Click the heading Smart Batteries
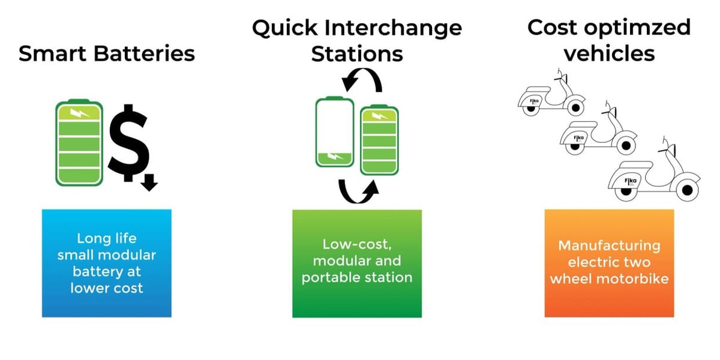[x=107, y=53]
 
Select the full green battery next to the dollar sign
[x=79, y=142]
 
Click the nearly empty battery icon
[x=335, y=131]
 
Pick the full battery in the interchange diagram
[x=379, y=139]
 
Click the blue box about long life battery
[x=107, y=263]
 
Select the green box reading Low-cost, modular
[x=357, y=263]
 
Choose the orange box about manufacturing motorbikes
[x=609, y=263]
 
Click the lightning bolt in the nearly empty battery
[x=334, y=157]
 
